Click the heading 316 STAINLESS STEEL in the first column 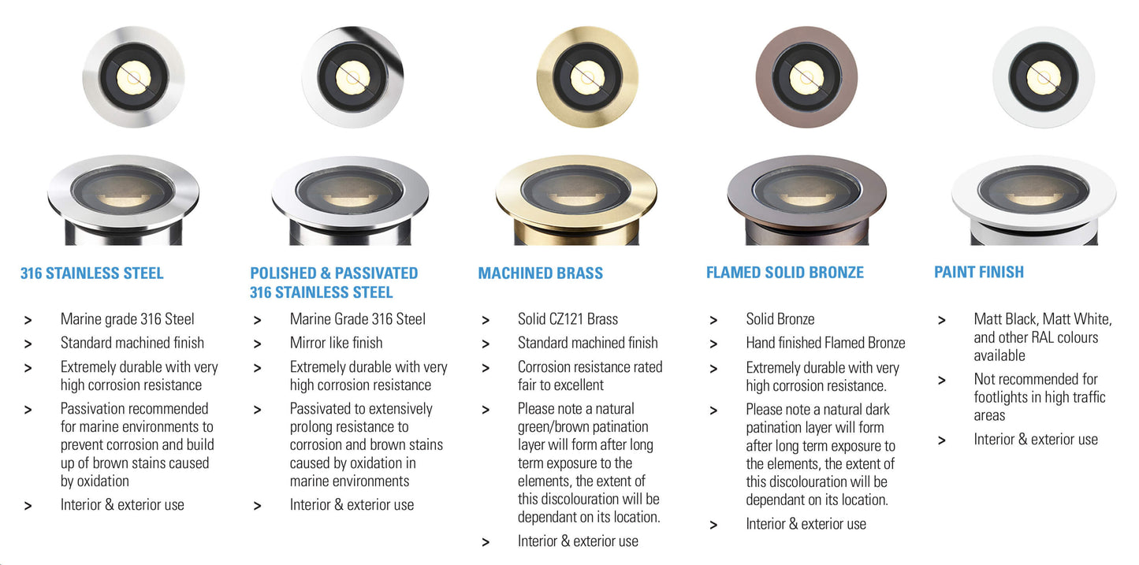point(91,273)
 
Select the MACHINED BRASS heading point(541,273)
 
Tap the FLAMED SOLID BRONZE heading point(784,273)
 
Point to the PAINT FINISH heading point(979,272)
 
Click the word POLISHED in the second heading point(283,273)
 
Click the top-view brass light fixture point(587,77)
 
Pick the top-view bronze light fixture point(806,77)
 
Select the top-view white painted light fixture point(1044,77)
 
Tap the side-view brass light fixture point(576,200)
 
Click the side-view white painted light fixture point(1033,200)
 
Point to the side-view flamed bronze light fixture point(807,200)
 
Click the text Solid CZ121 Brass point(568,319)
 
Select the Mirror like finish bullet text point(336,343)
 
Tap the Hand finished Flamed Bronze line point(825,343)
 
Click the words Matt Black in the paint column point(1005,319)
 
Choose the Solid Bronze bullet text point(780,319)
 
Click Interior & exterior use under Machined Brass point(578,541)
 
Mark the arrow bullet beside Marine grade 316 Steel point(28,320)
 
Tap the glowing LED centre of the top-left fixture point(134,77)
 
